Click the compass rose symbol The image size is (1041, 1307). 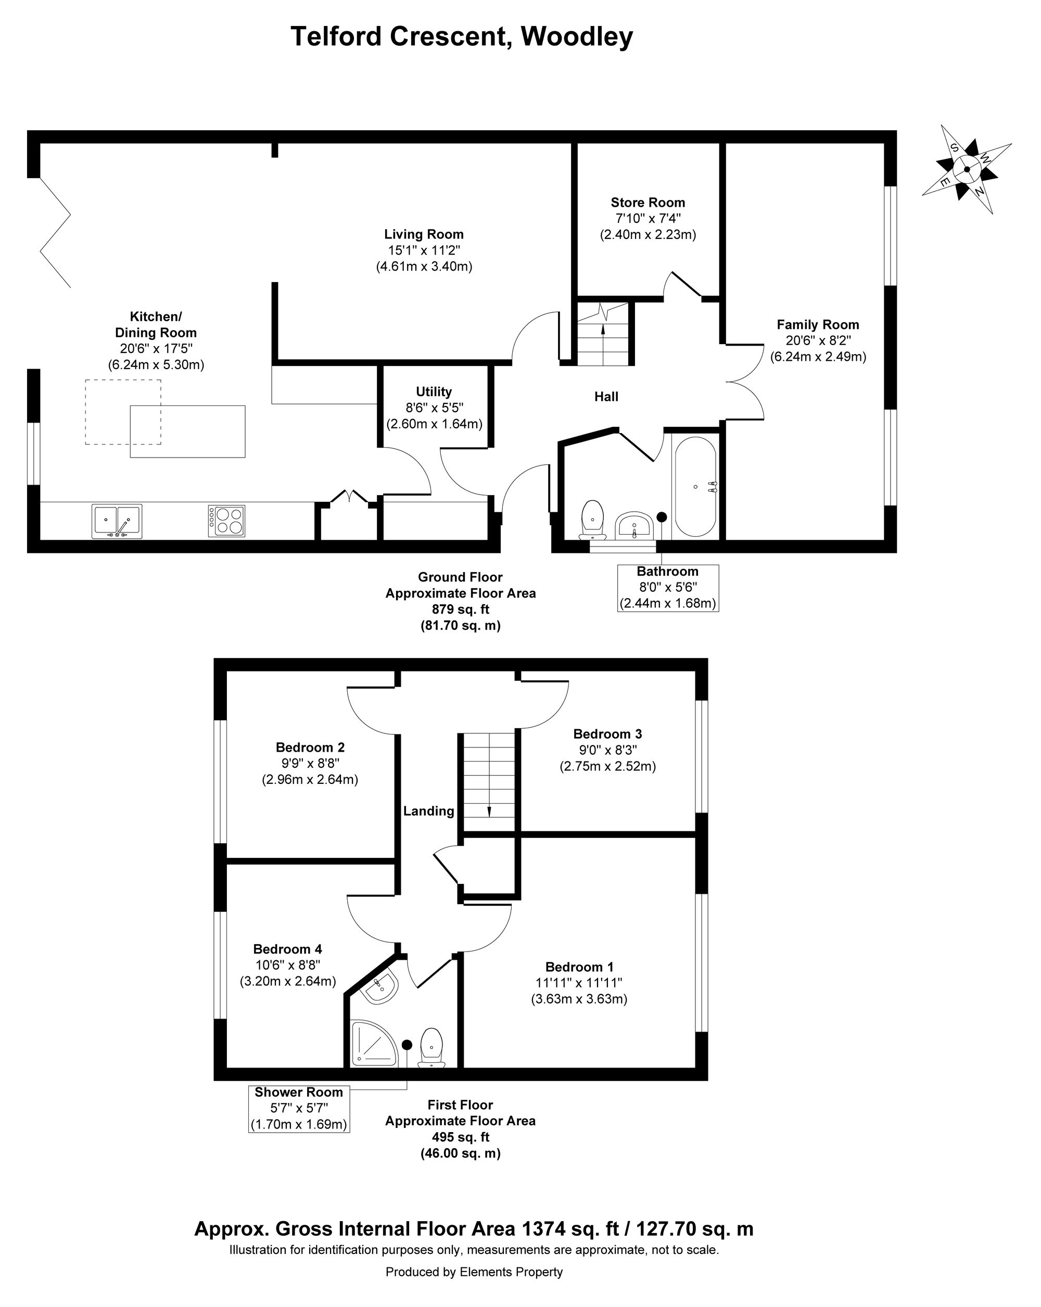966,169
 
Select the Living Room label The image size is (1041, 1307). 424,234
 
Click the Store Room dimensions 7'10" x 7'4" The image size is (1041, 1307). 648,218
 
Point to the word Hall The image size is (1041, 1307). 606,397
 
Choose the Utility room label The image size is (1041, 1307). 434,391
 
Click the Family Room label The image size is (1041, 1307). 818,324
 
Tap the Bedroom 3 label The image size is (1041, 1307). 607,734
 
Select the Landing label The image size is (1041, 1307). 429,811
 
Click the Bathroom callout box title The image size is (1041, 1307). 667,571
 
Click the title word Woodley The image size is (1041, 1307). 577,36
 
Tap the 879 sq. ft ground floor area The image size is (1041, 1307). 460,609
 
